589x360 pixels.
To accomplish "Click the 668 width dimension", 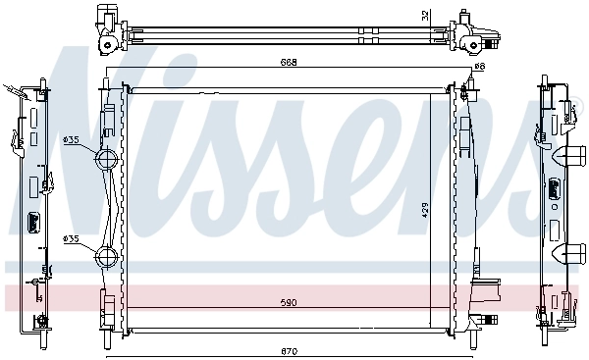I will [x=287, y=62].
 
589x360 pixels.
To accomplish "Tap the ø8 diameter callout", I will [x=479, y=66].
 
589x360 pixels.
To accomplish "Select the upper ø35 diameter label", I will [x=72, y=140].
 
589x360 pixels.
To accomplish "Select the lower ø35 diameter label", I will [x=72, y=238].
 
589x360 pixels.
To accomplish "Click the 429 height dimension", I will [x=425, y=210].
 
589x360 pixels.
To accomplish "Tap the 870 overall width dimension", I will [x=287, y=351].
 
